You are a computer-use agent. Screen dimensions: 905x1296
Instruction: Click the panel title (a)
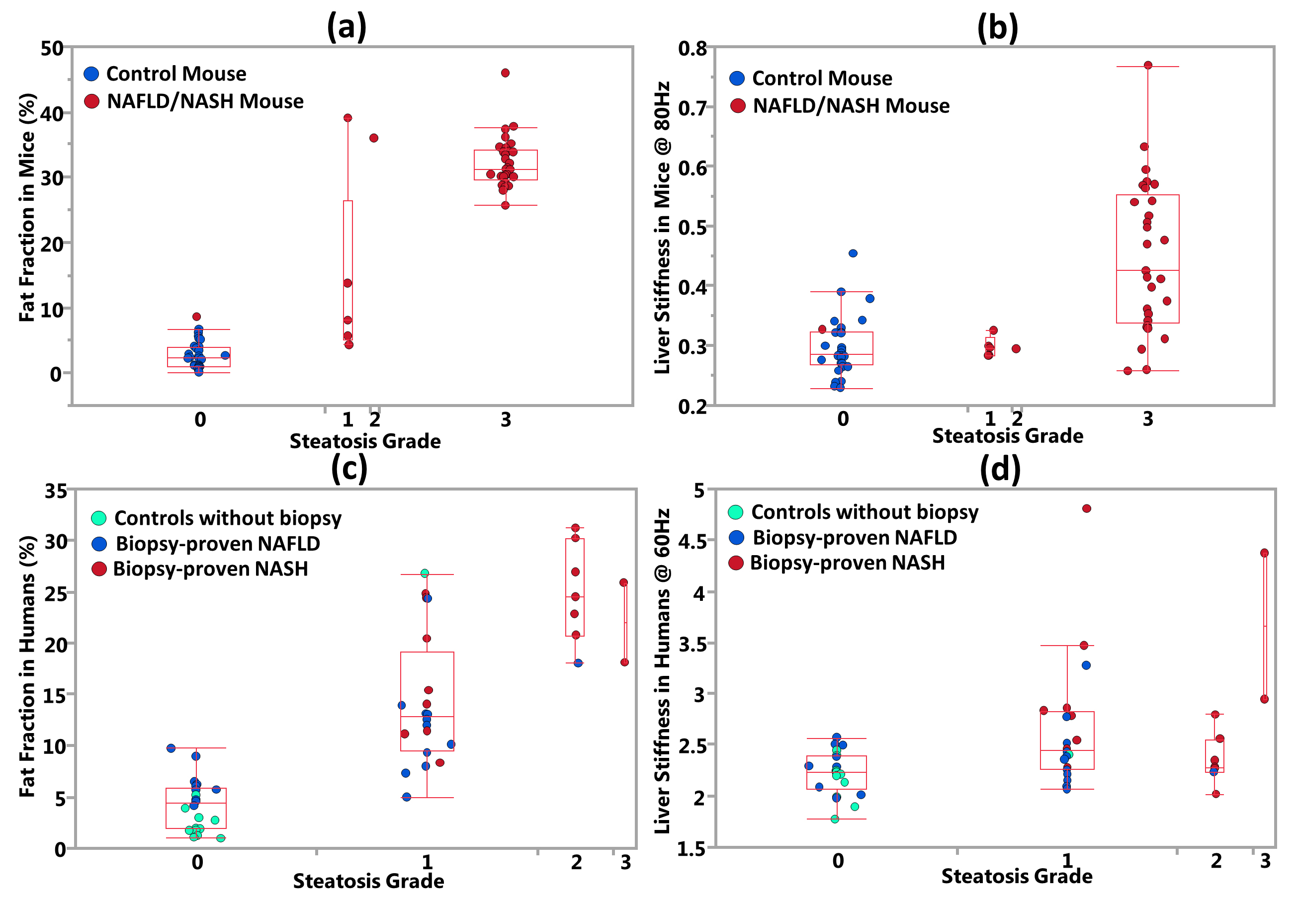[x=346, y=26]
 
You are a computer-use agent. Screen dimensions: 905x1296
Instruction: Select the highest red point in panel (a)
[x=505, y=73]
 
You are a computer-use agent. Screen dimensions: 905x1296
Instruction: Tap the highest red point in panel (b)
[x=1147, y=65]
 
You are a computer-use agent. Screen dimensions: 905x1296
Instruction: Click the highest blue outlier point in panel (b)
[x=853, y=253]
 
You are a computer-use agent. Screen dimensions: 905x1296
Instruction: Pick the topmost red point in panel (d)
[x=1086, y=508]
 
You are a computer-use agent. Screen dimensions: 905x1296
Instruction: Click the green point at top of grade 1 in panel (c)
[x=425, y=573]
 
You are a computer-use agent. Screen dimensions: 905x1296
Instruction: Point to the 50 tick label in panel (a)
[x=52, y=49]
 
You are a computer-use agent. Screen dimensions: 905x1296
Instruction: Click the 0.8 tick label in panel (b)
[x=692, y=49]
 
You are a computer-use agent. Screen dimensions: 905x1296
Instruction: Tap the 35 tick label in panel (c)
[x=56, y=491]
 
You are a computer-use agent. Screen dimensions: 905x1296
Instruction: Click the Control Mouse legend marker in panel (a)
[x=91, y=74]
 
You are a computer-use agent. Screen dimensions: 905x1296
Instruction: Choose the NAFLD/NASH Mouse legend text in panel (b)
[x=851, y=105]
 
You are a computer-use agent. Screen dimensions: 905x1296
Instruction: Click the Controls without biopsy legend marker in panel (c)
[x=99, y=518]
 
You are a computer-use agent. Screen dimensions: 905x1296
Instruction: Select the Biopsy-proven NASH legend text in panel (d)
[x=847, y=563]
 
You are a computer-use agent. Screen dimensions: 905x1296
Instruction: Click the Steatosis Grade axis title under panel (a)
[x=365, y=441]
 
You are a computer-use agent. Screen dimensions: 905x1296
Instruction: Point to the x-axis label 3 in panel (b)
[x=1147, y=419]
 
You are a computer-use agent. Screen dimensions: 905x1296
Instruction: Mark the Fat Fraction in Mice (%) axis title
[x=27, y=208]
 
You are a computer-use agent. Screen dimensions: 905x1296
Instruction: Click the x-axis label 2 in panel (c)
[x=576, y=862]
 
